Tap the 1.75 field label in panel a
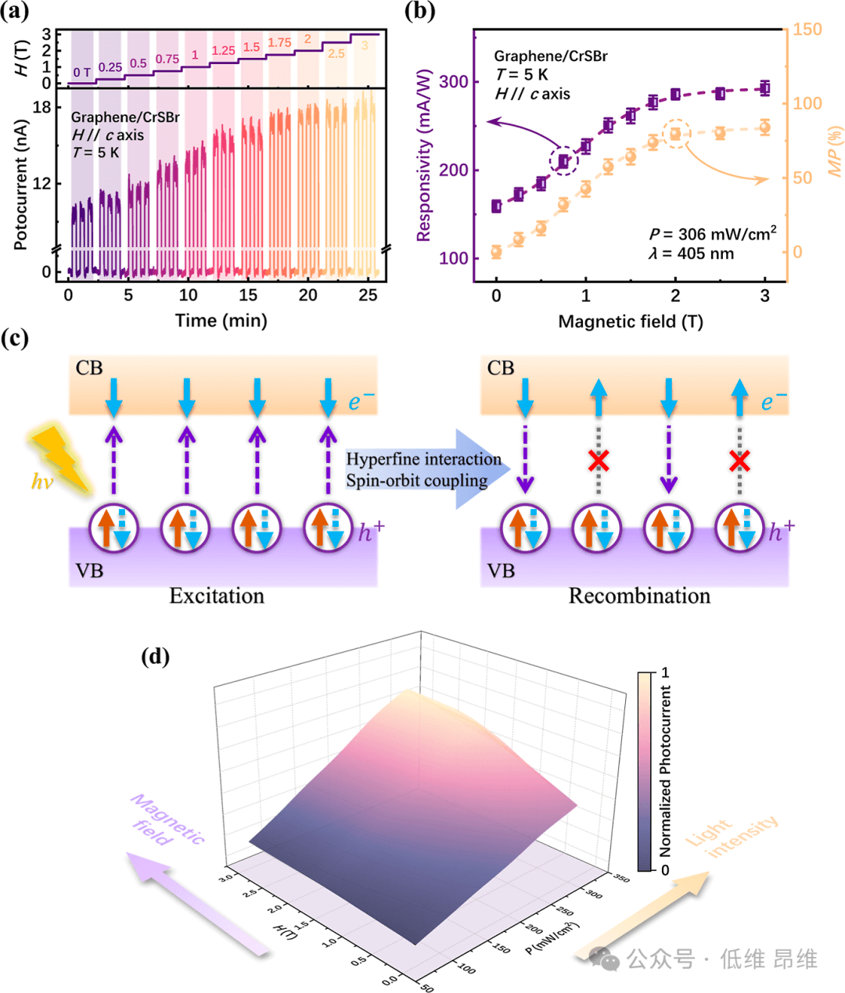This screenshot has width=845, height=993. click(279, 43)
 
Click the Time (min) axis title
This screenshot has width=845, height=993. click(221, 320)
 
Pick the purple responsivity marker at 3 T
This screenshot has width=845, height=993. click(764, 88)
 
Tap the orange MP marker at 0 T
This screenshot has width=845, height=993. click(496, 252)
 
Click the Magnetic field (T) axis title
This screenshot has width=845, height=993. click(630, 321)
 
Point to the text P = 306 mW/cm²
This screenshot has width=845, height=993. click(712, 234)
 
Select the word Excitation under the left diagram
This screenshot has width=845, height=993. click(217, 597)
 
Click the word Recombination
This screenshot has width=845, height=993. click(639, 597)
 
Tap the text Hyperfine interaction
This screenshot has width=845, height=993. click(423, 460)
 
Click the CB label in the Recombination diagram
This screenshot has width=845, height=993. click(501, 367)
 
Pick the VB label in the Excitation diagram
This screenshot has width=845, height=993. click(89, 571)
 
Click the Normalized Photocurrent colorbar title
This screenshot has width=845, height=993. click(666, 771)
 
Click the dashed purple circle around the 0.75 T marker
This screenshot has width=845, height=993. click(563, 162)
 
